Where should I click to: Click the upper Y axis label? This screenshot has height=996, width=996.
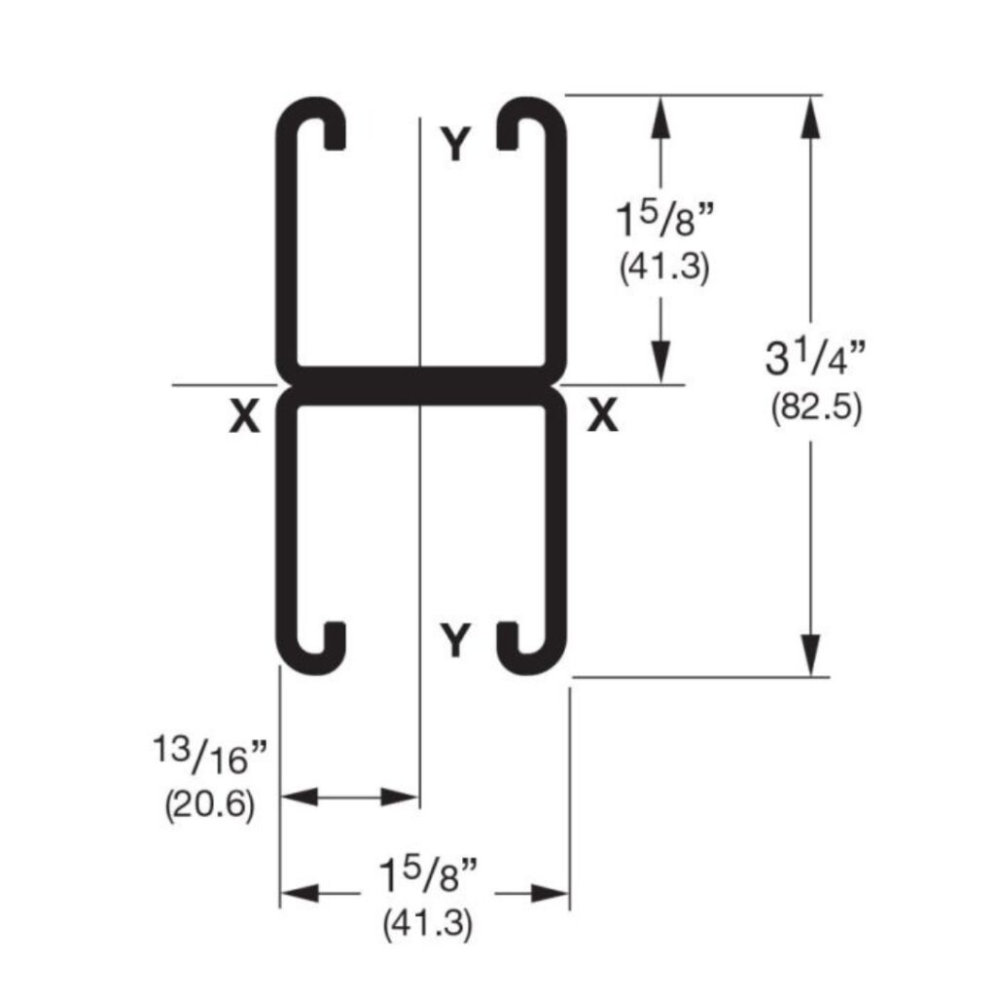[455, 145]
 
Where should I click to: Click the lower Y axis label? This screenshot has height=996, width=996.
[455, 641]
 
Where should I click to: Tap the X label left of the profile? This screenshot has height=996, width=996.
[244, 417]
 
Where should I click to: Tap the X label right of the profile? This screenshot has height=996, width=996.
[603, 417]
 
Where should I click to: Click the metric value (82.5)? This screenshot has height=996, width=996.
[816, 408]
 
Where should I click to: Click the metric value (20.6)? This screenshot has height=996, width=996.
[209, 804]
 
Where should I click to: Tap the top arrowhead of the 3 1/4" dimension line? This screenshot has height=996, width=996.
[809, 113]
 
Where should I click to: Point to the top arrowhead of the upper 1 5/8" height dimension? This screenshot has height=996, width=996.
[662, 113]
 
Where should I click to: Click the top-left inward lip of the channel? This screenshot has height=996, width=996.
[334, 134]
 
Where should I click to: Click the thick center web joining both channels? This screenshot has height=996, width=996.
[419, 385]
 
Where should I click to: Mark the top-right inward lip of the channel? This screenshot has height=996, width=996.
[508, 134]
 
